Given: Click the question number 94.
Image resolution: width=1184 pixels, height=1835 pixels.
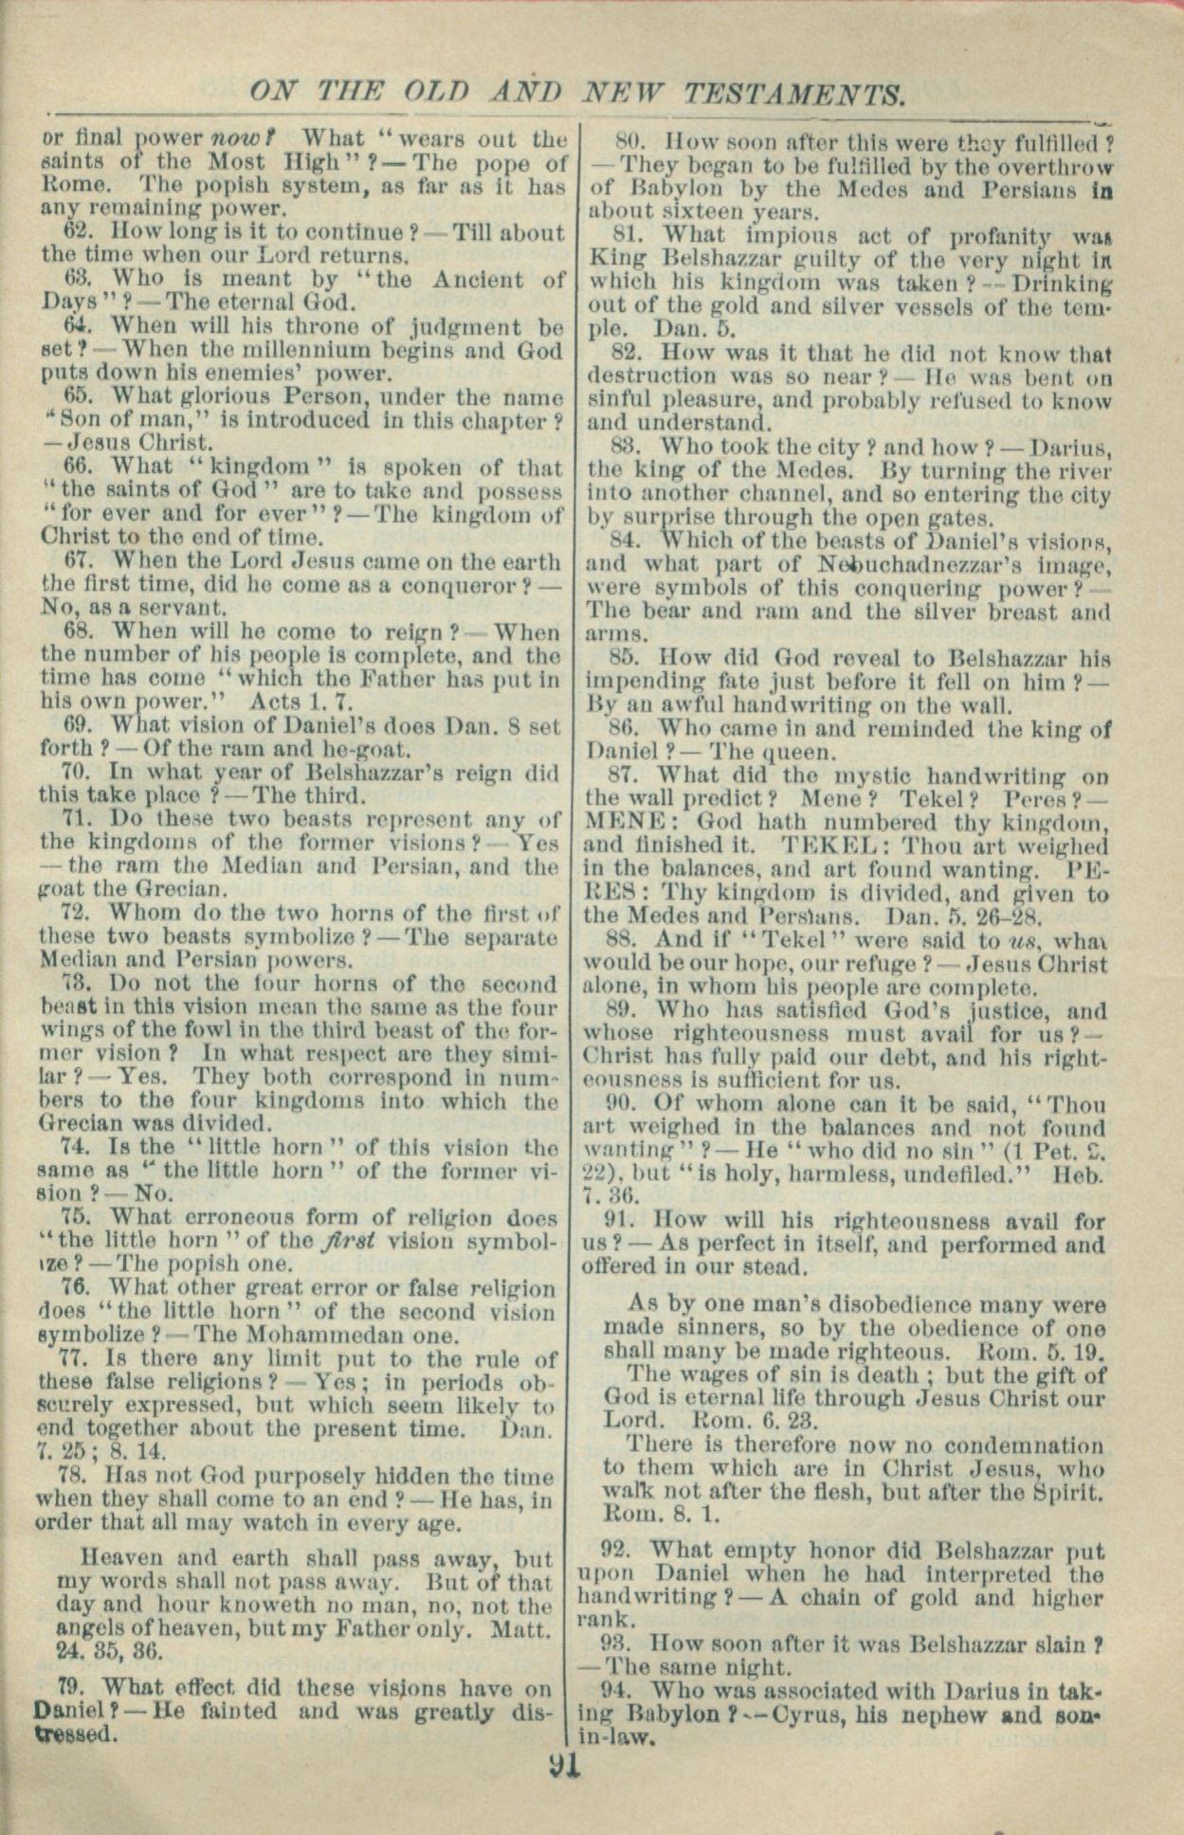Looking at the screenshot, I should pos(615,1691).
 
